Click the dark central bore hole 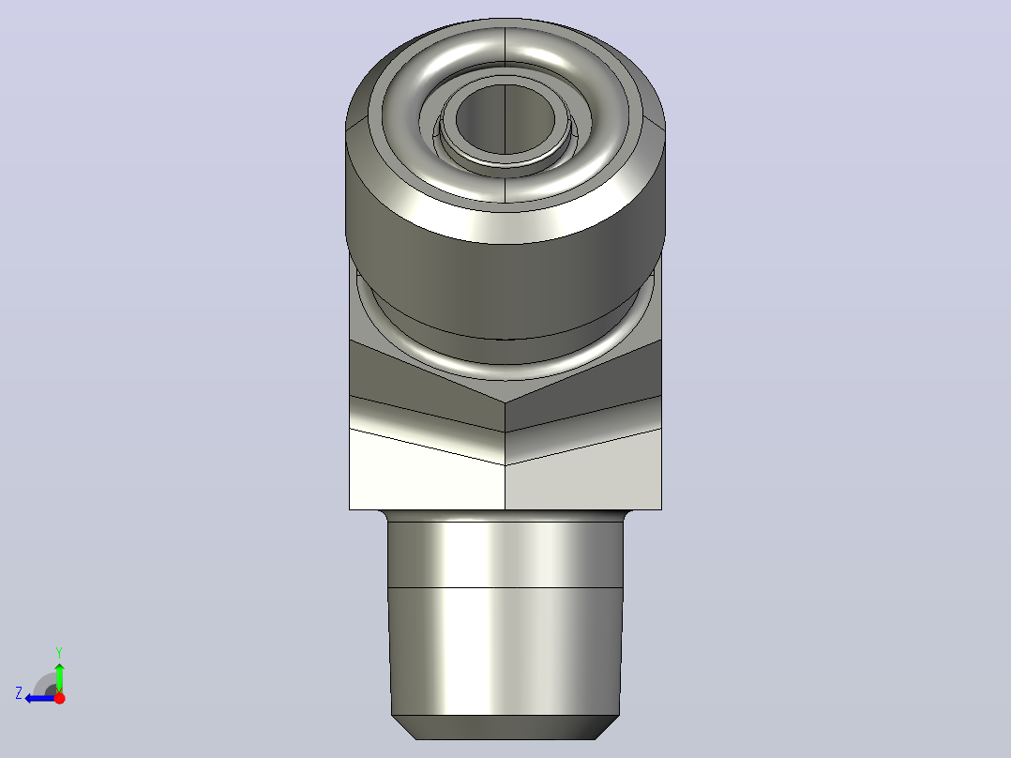(x=505, y=119)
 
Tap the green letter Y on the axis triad (x=59, y=652)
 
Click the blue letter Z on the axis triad (x=19, y=693)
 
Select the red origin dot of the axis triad (x=59, y=698)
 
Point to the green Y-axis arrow (x=59, y=677)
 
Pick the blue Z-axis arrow (x=40, y=698)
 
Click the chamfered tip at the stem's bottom (x=505, y=727)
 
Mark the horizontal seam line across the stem (x=505, y=587)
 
